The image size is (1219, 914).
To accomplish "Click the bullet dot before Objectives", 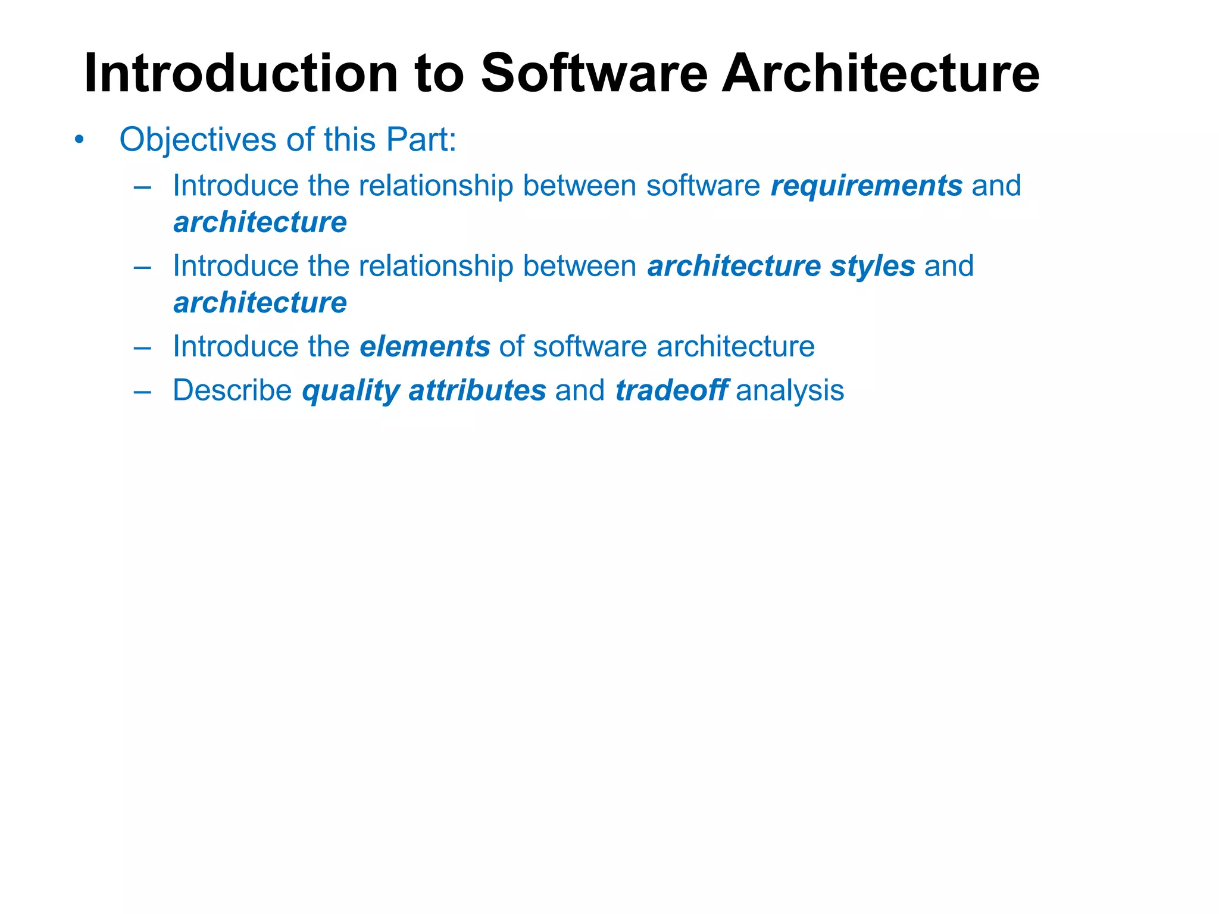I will [79, 140].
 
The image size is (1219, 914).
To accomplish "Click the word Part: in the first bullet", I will [421, 140].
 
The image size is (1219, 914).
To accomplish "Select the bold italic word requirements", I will [866, 186].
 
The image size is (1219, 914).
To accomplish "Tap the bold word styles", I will [873, 266].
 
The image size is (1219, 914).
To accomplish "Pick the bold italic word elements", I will [424, 346].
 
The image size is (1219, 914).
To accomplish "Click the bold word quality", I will [351, 391].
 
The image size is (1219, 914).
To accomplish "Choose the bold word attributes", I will [477, 391].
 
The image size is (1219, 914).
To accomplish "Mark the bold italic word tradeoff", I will [671, 391].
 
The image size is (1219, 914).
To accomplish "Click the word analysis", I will [790, 391].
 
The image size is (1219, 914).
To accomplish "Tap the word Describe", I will [232, 391].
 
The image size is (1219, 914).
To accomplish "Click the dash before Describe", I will [142, 392].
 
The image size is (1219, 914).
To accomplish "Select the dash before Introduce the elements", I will [142, 347].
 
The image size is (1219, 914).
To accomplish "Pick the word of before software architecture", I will [511, 346].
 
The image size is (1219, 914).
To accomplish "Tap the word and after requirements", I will [996, 186].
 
